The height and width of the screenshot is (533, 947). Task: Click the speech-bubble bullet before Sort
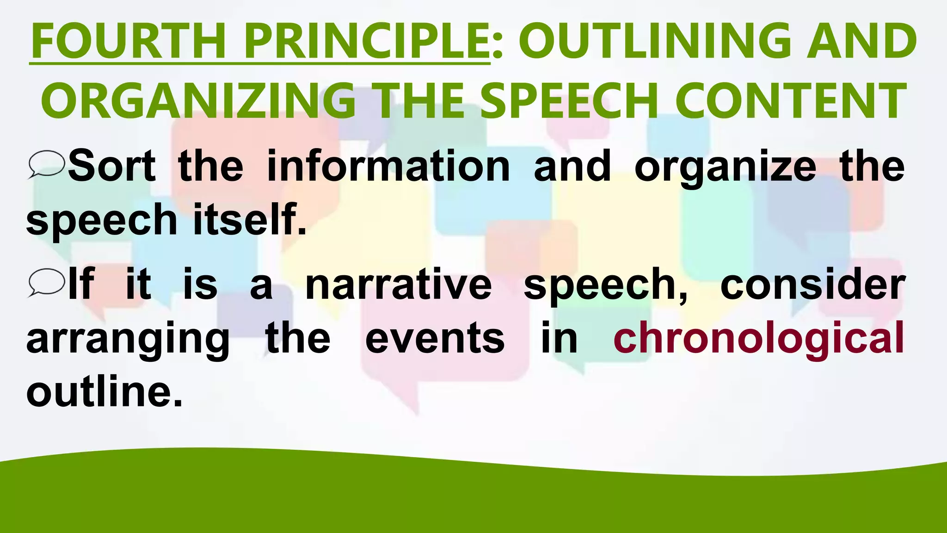(x=46, y=164)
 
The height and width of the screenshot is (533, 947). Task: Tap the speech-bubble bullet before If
(x=46, y=282)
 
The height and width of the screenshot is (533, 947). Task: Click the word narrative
(x=399, y=284)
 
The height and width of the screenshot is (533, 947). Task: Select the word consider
(x=812, y=284)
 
